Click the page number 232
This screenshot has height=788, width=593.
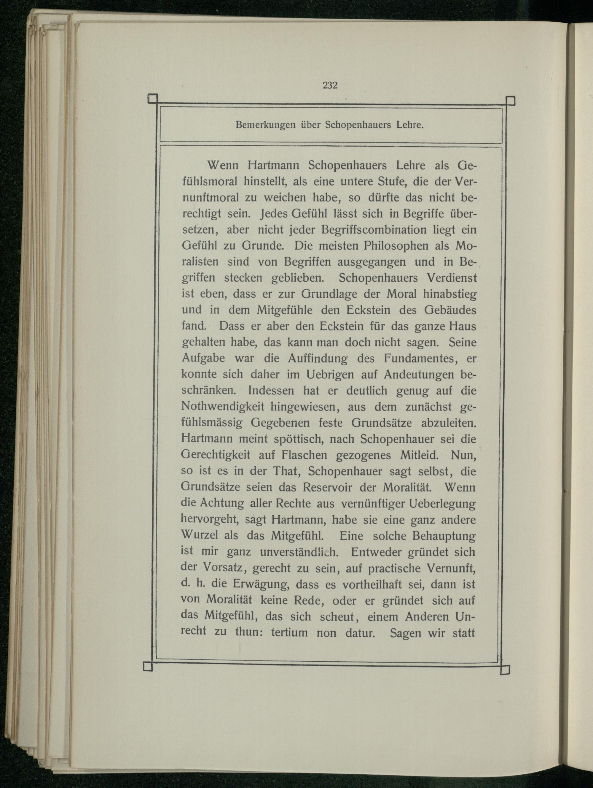(x=330, y=85)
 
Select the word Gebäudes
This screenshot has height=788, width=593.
(x=450, y=310)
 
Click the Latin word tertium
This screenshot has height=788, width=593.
(x=289, y=633)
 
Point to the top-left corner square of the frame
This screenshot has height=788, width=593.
(x=152, y=99)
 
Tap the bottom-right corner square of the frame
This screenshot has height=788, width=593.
(x=505, y=670)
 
